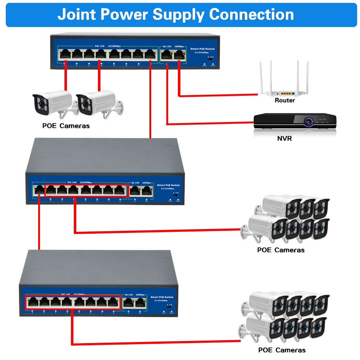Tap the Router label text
284,100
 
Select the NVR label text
284,138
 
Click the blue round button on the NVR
308,122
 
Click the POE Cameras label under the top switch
66,126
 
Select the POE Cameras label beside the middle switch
281,250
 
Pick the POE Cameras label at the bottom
282,350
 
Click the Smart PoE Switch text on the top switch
202,49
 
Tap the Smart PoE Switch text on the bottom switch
162,297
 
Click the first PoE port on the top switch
65,54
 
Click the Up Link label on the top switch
167,46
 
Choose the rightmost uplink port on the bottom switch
140,302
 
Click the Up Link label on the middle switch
136,183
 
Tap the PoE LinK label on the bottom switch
65,294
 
